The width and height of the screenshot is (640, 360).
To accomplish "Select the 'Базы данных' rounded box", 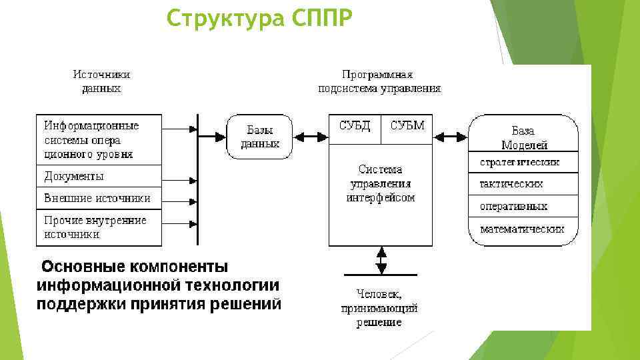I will (259, 137).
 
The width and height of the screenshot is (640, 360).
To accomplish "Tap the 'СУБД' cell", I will (355, 126).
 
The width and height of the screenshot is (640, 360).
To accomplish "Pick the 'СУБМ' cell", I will (407, 126).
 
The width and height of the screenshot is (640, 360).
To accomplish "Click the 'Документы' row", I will (99, 177).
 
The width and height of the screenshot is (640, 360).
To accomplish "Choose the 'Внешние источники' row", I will (99, 198).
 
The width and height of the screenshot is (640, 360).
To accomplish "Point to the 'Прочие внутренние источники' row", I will (99, 227).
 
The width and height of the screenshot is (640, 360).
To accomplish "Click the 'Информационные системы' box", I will (99, 140).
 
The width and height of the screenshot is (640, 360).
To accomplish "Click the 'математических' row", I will (522, 229).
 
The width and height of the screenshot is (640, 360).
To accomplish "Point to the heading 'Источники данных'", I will (101, 81).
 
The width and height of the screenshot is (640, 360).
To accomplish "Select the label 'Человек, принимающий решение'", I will (379, 307).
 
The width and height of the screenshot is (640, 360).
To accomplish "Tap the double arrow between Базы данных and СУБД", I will (311, 137).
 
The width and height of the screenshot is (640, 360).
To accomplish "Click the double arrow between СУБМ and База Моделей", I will (451, 137).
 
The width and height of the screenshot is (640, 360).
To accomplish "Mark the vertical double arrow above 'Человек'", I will (381, 259).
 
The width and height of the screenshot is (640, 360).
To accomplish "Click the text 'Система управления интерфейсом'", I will (381, 183).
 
